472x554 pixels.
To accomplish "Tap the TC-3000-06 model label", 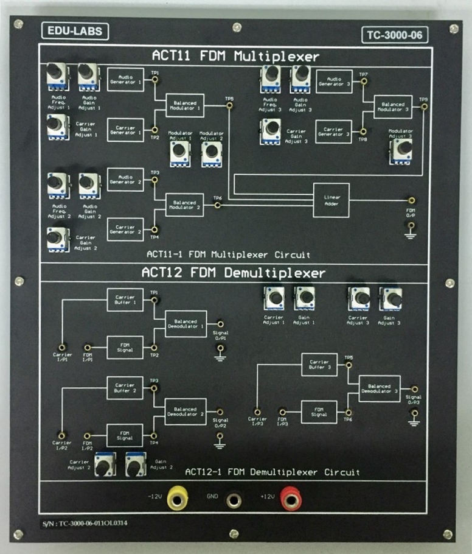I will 394,35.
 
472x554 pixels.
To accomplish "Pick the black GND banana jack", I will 234,501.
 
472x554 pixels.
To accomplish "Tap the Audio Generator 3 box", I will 335,80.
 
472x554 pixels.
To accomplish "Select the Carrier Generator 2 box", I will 126,228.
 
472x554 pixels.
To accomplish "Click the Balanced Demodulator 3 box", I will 379,387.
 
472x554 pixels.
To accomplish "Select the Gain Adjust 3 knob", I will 390,298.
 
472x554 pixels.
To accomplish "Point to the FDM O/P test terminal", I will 412,200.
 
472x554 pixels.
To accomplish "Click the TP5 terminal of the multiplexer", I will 229,107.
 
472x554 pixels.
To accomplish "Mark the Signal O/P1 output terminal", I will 220,324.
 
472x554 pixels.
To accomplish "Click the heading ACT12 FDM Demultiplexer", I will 234,273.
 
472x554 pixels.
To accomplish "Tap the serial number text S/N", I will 86,522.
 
